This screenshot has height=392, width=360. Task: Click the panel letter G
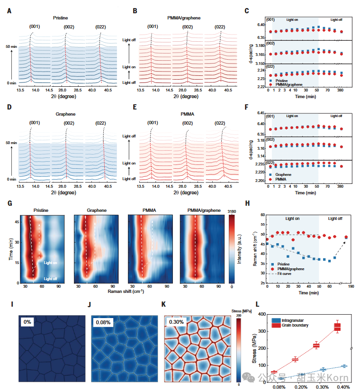pos(10,203)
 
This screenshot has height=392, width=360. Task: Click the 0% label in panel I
pos(28,323)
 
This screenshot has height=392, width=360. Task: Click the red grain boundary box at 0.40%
pos(337,327)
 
